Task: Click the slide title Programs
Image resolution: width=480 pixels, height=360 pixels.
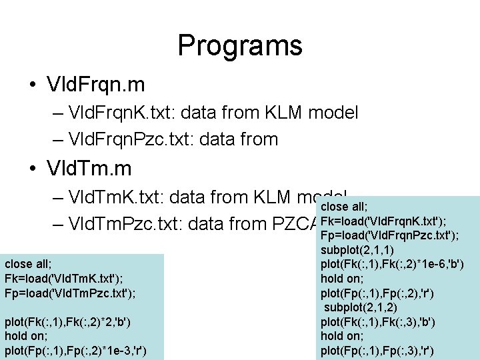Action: (240, 45)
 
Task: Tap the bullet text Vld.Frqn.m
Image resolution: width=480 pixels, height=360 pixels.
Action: (96, 85)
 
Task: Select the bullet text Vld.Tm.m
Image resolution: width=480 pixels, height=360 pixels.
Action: (88, 167)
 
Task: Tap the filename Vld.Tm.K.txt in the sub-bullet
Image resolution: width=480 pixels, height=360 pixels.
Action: (117, 197)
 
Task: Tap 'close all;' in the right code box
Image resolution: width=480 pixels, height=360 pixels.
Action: (344, 207)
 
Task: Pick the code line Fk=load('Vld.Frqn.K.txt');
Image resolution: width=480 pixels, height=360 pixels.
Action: (383, 221)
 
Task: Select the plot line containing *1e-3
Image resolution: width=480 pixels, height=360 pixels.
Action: (75, 351)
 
